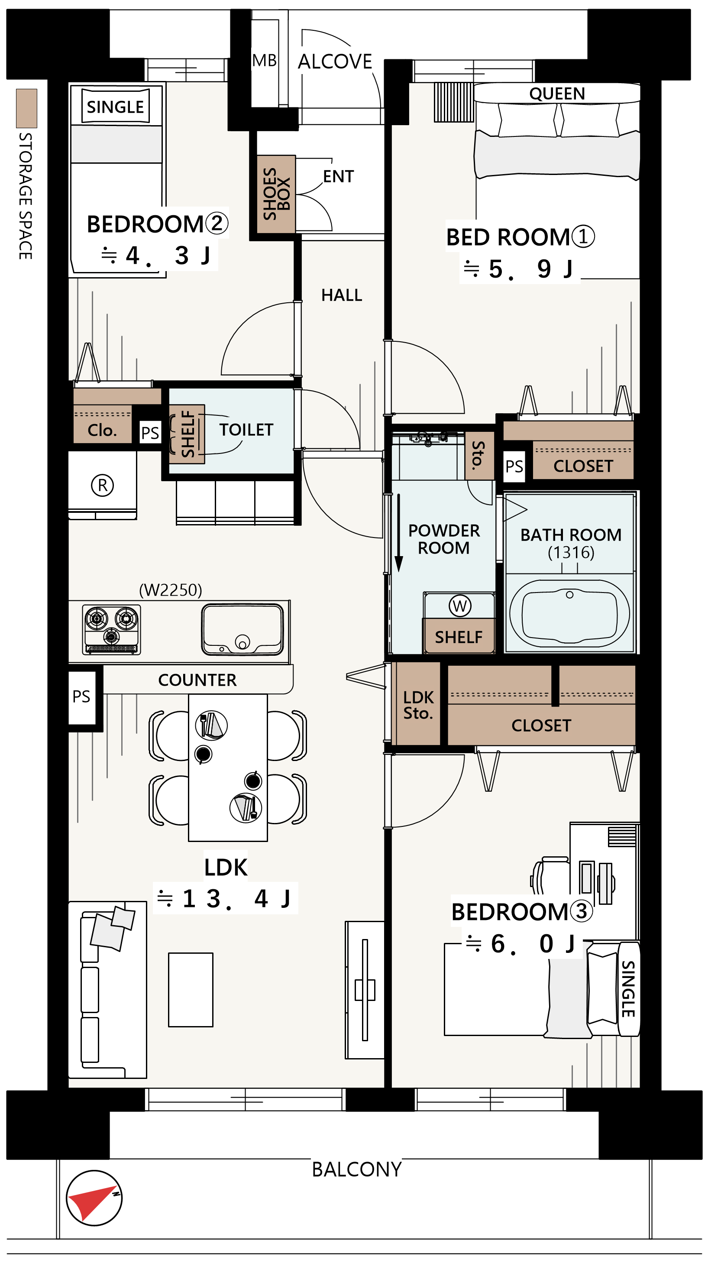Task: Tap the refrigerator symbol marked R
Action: pos(103,485)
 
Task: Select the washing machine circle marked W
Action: pos(459,606)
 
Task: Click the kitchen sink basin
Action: pos(242,629)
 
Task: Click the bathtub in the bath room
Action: pos(569,613)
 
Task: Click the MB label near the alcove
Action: pos(265,61)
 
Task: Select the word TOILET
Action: pos(246,430)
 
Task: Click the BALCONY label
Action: pos(356,1169)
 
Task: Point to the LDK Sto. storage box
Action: pos(418,704)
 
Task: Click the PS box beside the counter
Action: pos(82,696)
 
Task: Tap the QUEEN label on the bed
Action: pos(557,94)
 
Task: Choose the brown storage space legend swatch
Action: pos(27,108)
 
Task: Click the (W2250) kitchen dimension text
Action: pos(170,590)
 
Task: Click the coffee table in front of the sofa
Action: pos(191,990)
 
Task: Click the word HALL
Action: pos(342,295)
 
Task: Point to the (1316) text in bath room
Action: pos(571,552)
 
